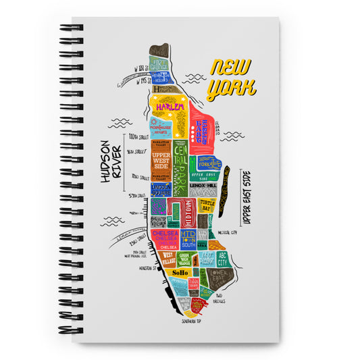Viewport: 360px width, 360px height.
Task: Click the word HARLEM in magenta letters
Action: (165, 107)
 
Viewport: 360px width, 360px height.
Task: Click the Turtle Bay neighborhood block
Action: (206, 207)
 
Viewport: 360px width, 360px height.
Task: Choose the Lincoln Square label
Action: (161, 190)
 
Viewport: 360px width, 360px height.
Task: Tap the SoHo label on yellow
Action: (180, 273)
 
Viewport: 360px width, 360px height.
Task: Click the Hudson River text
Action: (109, 161)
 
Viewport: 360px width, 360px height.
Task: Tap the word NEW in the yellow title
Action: (230, 68)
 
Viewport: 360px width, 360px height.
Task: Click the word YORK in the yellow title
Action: (231, 88)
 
